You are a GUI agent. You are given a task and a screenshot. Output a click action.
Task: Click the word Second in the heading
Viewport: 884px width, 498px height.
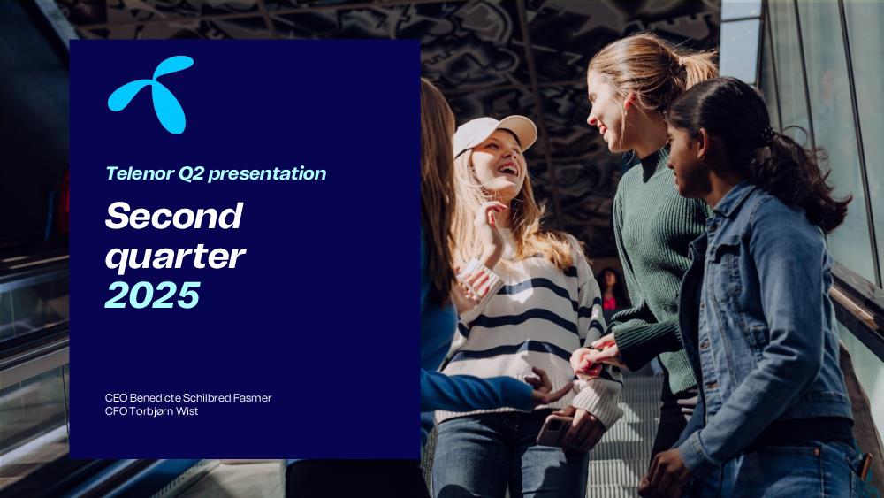(x=174, y=216)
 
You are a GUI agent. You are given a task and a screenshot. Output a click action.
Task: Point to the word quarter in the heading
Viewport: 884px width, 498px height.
(x=175, y=257)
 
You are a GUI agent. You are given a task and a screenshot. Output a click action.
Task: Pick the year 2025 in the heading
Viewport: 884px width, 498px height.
(x=153, y=295)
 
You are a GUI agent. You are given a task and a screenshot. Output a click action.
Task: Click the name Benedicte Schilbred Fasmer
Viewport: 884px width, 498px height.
(x=201, y=398)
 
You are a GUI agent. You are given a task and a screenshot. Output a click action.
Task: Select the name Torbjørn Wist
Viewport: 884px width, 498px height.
(x=164, y=411)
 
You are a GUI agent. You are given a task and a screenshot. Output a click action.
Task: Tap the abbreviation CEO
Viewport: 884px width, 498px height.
(x=116, y=398)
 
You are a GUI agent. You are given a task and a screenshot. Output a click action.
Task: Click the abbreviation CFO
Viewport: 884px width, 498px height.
(x=116, y=411)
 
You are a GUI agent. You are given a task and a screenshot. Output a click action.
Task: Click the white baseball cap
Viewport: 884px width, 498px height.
(x=494, y=133)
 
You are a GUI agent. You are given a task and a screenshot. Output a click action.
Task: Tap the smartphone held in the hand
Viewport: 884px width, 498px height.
(x=552, y=431)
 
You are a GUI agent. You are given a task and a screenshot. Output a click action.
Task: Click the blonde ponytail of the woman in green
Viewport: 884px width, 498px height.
(x=699, y=66)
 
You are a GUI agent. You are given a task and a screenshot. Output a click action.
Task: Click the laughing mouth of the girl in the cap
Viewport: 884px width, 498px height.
(x=508, y=169)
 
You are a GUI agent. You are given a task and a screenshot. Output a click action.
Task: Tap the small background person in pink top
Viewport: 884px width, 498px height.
(x=610, y=290)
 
